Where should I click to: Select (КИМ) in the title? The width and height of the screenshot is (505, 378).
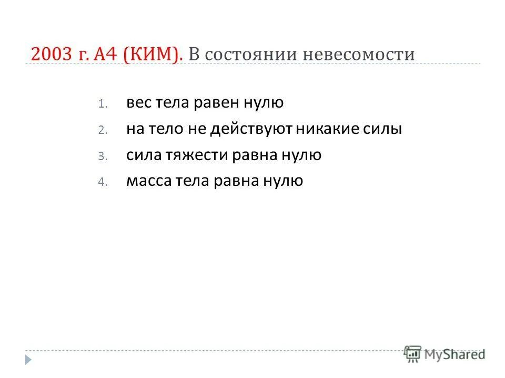pyautogui.click(x=154, y=55)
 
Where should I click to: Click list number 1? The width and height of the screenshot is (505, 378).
pyautogui.click(x=102, y=104)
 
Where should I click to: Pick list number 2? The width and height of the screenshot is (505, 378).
pyautogui.click(x=102, y=130)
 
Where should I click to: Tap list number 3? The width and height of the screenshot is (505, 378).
pyautogui.click(x=102, y=156)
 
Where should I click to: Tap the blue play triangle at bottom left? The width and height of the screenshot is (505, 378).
pyautogui.click(x=29, y=360)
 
